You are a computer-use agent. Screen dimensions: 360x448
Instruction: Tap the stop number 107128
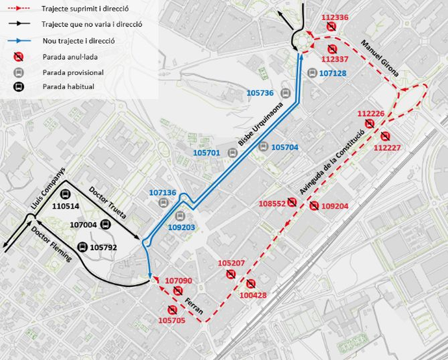(x=333, y=73)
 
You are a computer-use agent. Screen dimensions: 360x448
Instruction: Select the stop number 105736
(x=260, y=93)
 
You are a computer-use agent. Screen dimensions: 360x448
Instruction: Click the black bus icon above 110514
(x=65, y=194)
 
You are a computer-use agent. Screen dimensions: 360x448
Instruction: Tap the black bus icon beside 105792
(x=82, y=247)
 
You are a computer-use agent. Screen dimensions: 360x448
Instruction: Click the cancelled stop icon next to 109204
(x=314, y=206)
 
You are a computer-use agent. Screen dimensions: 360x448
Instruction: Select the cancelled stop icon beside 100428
(x=251, y=283)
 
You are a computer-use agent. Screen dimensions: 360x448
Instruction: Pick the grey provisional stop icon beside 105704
(x=262, y=147)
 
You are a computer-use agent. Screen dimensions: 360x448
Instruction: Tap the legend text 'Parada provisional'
(x=73, y=72)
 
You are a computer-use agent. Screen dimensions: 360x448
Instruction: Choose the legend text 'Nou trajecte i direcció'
(x=78, y=40)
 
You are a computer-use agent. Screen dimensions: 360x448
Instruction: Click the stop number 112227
(x=388, y=148)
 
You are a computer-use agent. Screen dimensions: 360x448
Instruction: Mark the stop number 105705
(x=171, y=320)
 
